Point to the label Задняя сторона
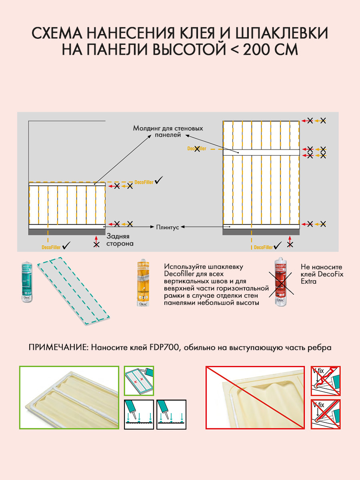120,240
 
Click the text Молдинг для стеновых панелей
168,132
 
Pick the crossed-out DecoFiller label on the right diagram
197,148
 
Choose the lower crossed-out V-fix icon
326,414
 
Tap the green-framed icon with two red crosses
139,380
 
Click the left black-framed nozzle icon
139,414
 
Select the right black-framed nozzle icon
171,414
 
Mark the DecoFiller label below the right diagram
264,247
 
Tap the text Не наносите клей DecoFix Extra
322,274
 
